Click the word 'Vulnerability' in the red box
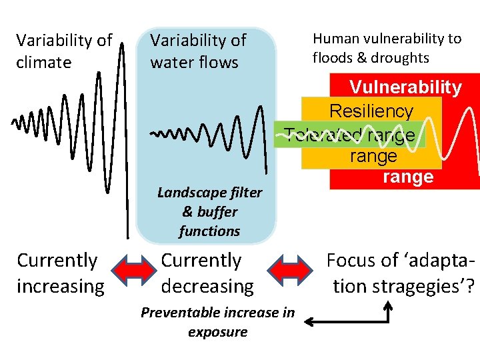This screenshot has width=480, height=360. click(405, 87)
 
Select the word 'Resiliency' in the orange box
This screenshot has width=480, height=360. click(371, 111)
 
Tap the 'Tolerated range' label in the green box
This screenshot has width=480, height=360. click(349, 135)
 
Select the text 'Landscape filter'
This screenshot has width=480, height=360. click(209, 193)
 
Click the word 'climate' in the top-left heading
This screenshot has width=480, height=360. click(43, 63)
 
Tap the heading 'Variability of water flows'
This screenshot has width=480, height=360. click(198, 51)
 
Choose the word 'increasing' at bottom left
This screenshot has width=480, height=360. click(60, 287)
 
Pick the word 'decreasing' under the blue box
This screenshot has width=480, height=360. click(207, 287)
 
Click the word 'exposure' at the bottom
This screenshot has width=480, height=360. click(218, 332)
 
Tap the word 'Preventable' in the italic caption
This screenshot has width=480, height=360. click(178, 313)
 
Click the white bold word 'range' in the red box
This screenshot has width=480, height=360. click(408, 177)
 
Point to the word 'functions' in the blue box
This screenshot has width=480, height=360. click(209, 231)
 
